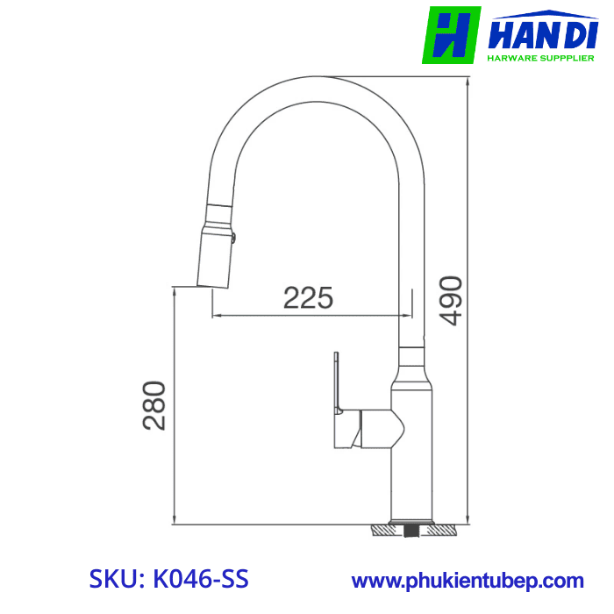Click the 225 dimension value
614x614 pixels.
pyautogui.click(x=308, y=298)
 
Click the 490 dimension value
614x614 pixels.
pyautogui.click(x=451, y=300)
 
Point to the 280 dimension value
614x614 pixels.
pyautogui.click(x=154, y=404)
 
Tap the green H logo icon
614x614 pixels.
pyautogui.click(x=451, y=35)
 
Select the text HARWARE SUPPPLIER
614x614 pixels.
pyautogui.click(x=541, y=59)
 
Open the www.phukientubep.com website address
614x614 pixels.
pyautogui.click(x=468, y=580)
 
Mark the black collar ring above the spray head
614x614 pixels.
pyautogui.click(x=219, y=214)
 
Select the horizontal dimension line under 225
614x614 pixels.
pyautogui.click(x=311, y=314)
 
